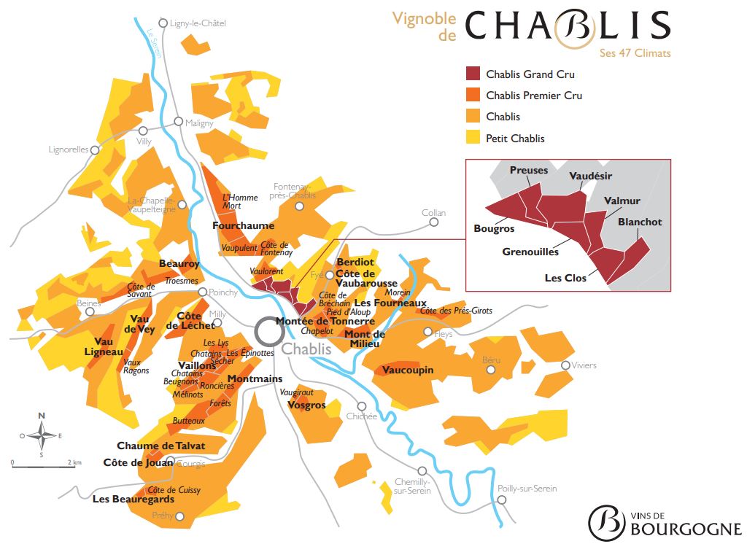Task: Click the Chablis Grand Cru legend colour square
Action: pyautogui.click(x=473, y=74)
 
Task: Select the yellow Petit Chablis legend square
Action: pyautogui.click(x=473, y=138)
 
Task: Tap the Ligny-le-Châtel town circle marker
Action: pyautogui.click(x=163, y=23)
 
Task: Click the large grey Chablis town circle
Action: pyautogui.click(x=269, y=333)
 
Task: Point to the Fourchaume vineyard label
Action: pyautogui.click(x=243, y=226)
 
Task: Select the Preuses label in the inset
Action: pyautogui.click(x=529, y=171)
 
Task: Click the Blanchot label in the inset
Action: pyautogui.click(x=640, y=222)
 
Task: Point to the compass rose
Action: pyautogui.click(x=42, y=435)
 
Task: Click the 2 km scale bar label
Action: pyautogui.click(x=74, y=462)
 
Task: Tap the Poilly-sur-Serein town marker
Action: pyautogui.click(x=502, y=500)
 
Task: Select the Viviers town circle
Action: pyautogui.click(x=565, y=365)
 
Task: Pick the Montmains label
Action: pyautogui.click(x=255, y=378)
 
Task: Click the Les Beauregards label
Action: pyautogui.click(x=133, y=500)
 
